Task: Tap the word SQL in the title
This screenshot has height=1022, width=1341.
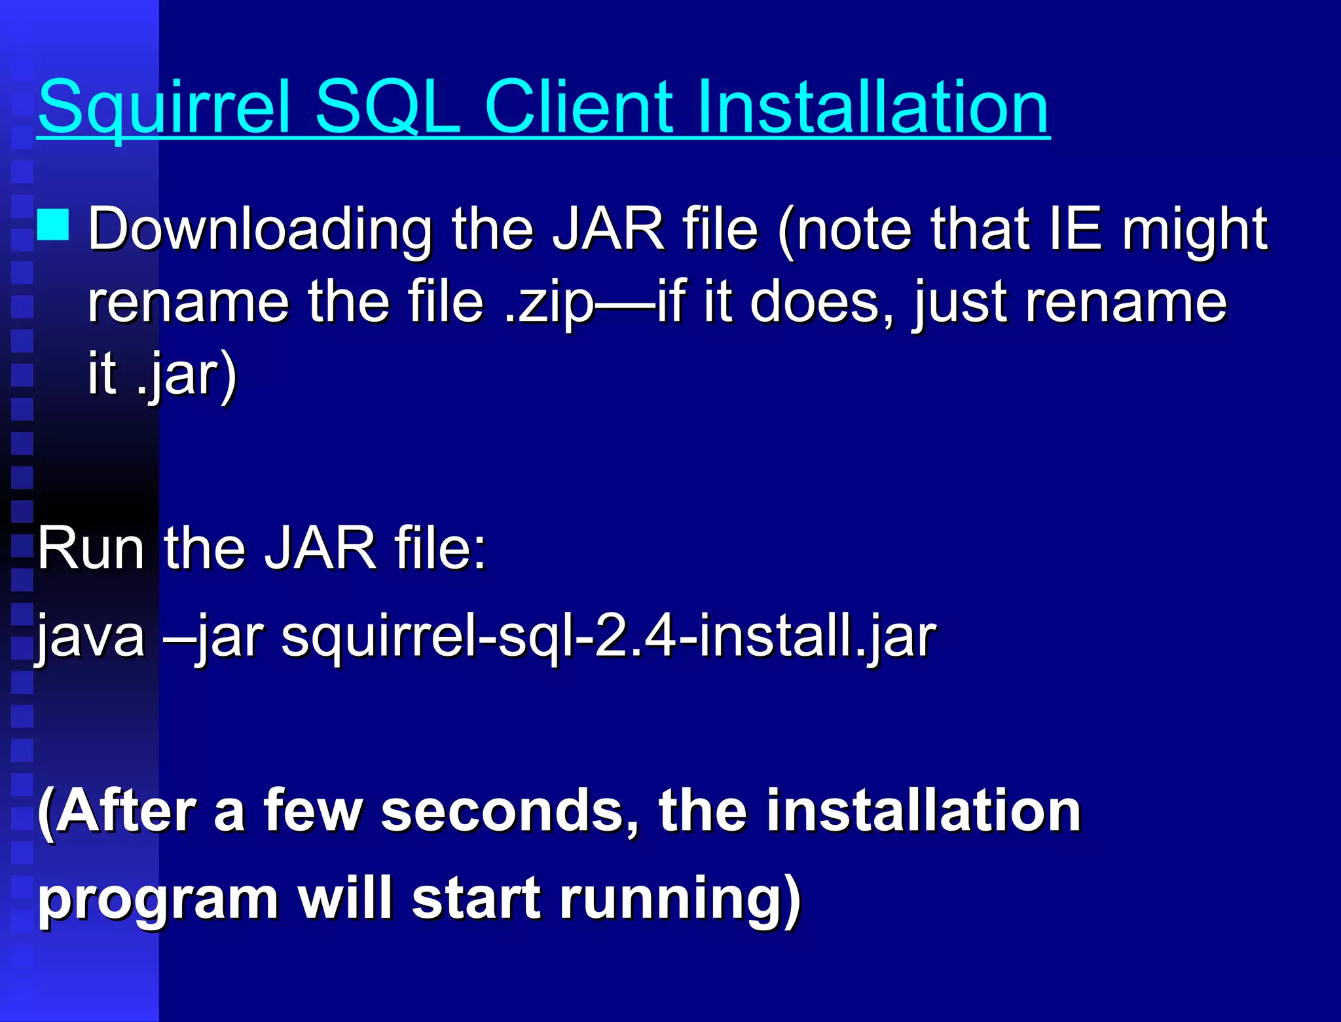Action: (388, 107)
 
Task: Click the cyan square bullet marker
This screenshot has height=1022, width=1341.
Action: (53, 225)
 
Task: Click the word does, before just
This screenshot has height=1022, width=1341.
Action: (821, 302)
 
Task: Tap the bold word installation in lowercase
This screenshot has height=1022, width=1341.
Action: (923, 811)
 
